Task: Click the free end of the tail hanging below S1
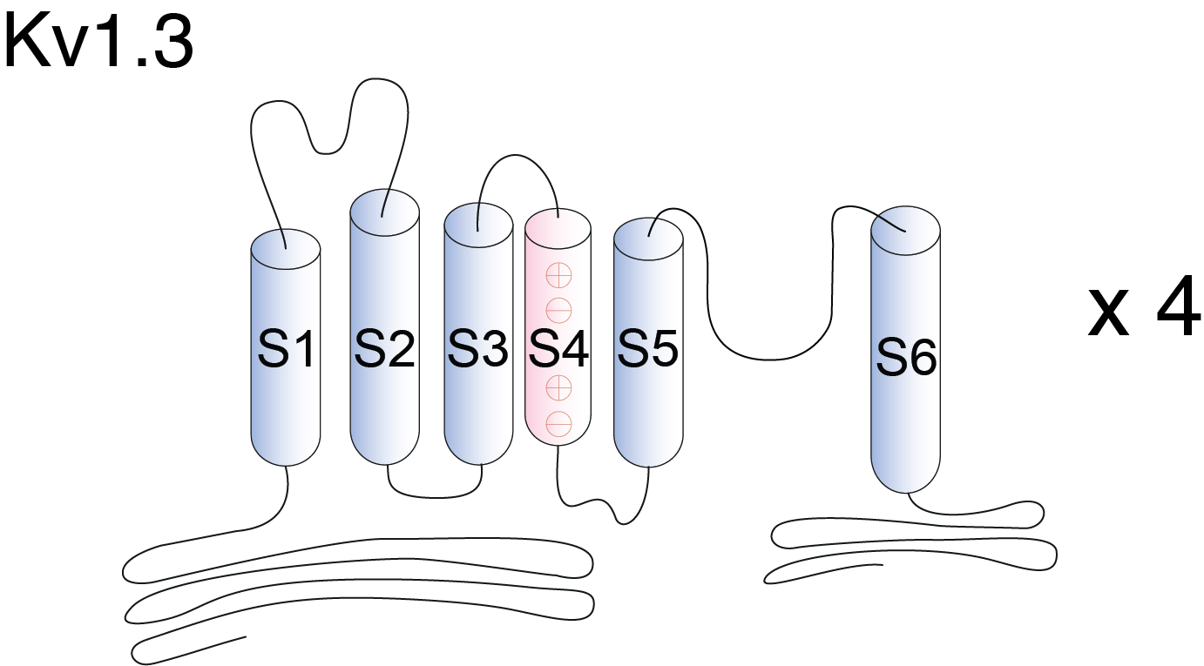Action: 246,637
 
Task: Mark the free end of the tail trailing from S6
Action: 883,565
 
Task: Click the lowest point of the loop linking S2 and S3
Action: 436,497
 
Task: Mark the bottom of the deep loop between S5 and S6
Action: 768,359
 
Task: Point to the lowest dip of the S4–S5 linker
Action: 622,524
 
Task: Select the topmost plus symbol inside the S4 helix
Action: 558,276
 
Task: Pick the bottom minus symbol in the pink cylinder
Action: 558,425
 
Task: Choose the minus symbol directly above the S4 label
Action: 558,310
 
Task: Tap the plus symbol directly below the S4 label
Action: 558,388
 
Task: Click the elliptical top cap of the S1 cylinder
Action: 286,249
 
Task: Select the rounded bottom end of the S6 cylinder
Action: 906,475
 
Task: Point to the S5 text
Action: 647,348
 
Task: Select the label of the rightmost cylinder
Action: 906,356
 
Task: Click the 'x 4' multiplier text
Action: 1145,312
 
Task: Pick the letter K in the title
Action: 26,43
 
